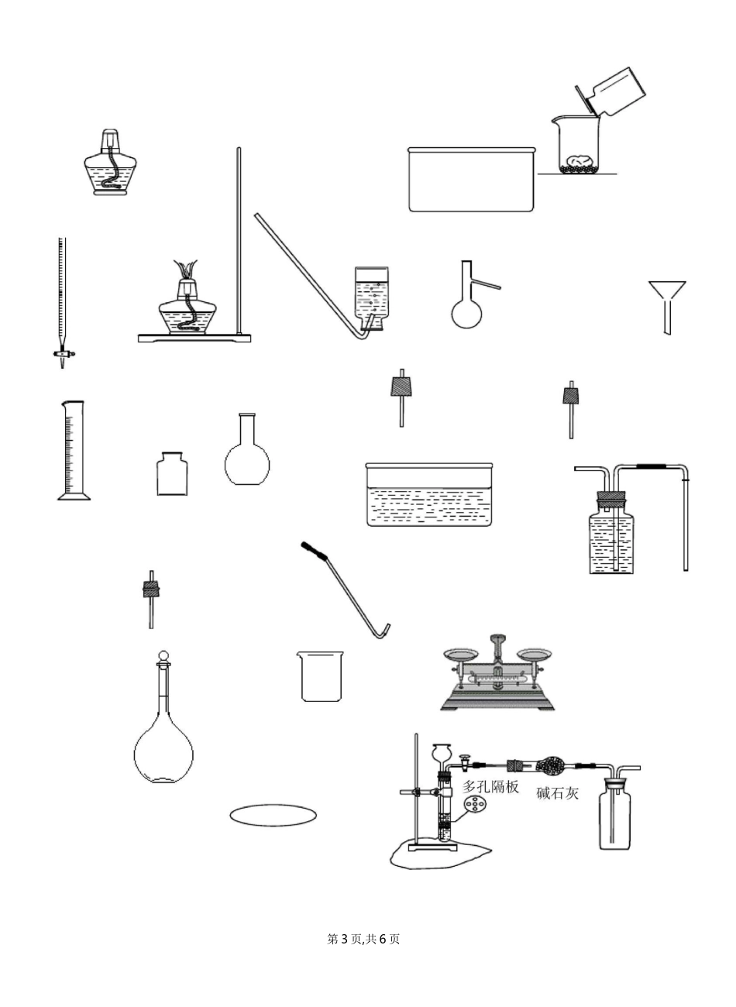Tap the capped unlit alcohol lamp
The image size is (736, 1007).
[111, 163]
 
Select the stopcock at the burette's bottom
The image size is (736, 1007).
[63, 354]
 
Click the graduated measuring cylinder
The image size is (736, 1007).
[74, 450]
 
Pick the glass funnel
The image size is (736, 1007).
[667, 307]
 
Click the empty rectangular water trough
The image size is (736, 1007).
[472, 179]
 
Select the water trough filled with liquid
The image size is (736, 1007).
[429, 494]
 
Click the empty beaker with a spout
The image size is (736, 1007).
[320, 676]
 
